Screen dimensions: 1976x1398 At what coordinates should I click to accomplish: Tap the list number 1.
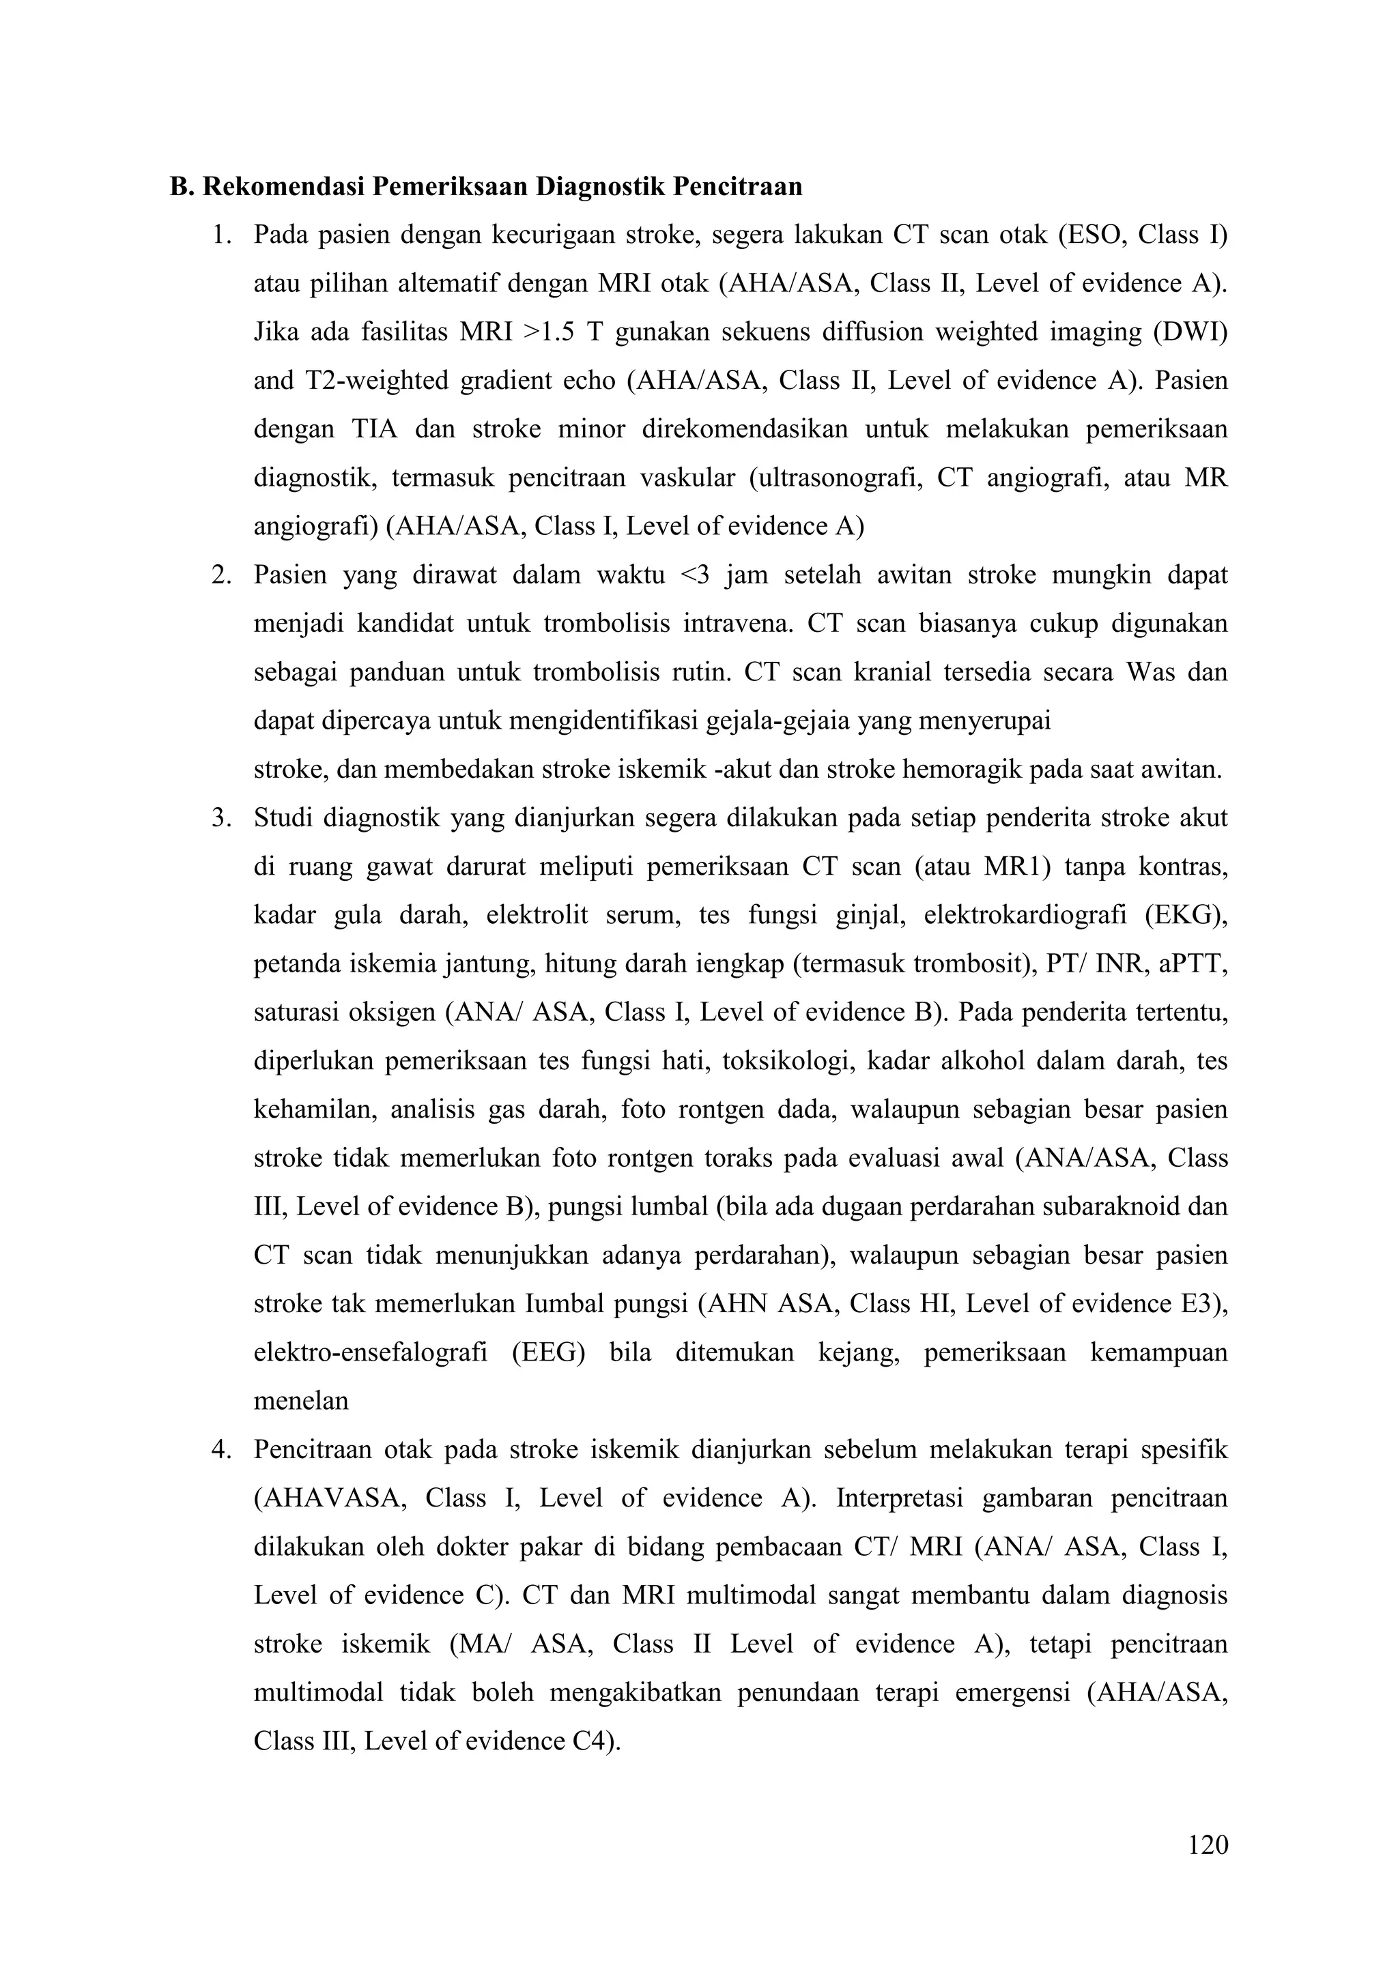coord(222,235)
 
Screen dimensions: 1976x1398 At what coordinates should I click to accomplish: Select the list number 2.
coord(222,575)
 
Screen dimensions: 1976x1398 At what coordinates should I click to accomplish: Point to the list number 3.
coord(222,817)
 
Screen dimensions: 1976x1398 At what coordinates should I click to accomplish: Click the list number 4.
coord(222,1450)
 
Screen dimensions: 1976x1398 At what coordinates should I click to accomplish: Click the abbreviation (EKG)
coord(1186,915)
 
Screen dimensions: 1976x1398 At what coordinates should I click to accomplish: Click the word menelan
coord(300,1401)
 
